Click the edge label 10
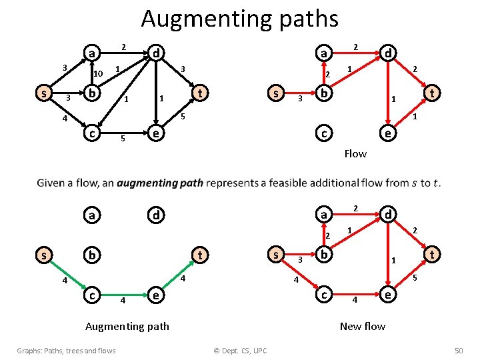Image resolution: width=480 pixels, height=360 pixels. [97, 73]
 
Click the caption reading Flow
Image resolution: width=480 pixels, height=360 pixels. [355, 154]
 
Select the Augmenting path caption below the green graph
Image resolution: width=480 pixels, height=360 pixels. [127, 326]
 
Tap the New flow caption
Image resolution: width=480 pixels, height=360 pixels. [362, 326]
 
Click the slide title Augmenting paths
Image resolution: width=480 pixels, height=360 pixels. [239, 19]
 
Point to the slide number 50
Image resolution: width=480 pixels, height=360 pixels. [458, 351]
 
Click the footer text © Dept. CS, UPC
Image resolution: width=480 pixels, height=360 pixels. [239, 351]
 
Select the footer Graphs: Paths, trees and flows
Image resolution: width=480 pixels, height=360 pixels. [67, 351]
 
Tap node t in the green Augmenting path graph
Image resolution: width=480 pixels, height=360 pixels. [199, 254]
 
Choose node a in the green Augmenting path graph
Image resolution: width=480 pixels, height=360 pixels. [91, 215]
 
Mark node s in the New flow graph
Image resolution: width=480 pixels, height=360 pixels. [275, 254]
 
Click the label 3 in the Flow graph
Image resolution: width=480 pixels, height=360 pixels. [300, 99]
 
